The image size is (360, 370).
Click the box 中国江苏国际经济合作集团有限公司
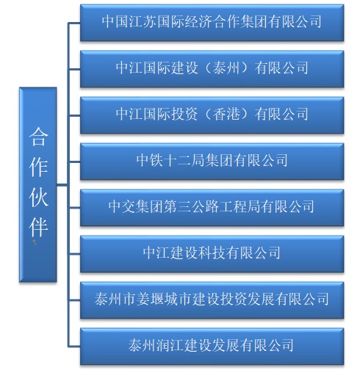(x=212, y=23)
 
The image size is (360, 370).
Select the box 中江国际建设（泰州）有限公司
(x=212, y=69)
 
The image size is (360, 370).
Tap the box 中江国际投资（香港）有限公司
(x=212, y=115)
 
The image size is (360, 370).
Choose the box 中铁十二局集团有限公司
(x=212, y=162)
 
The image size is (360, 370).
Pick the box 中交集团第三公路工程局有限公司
(x=212, y=208)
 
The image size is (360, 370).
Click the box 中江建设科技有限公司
(x=212, y=254)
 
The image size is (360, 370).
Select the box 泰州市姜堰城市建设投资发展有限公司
(x=212, y=300)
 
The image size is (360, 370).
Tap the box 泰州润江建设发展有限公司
(x=212, y=347)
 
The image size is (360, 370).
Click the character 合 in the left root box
(x=38, y=137)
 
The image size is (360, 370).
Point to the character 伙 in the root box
(x=38, y=197)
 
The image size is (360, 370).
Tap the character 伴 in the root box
(x=38, y=227)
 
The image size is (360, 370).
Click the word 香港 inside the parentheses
(x=226, y=114)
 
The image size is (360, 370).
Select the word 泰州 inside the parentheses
(x=226, y=68)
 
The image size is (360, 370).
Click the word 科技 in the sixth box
(x=212, y=253)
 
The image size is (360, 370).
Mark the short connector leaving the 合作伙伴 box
(x=62, y=185)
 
